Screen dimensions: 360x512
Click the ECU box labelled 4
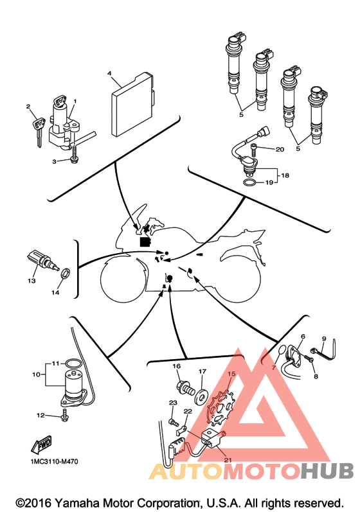[132, 105]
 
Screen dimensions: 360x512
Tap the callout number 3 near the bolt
[54, 161]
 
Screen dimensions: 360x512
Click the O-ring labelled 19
[250, 182]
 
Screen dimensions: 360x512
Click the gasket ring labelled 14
[65, 274]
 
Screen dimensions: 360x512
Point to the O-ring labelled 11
[73, 363]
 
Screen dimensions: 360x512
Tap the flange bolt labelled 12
[65, 415]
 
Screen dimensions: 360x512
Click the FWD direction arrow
[42, 445]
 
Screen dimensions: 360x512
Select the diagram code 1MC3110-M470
[54, 462]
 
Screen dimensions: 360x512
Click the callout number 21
[228, 460]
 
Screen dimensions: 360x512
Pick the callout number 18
[285, 175]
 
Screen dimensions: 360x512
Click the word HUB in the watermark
[327, 471]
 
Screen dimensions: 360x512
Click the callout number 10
[36, 375]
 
